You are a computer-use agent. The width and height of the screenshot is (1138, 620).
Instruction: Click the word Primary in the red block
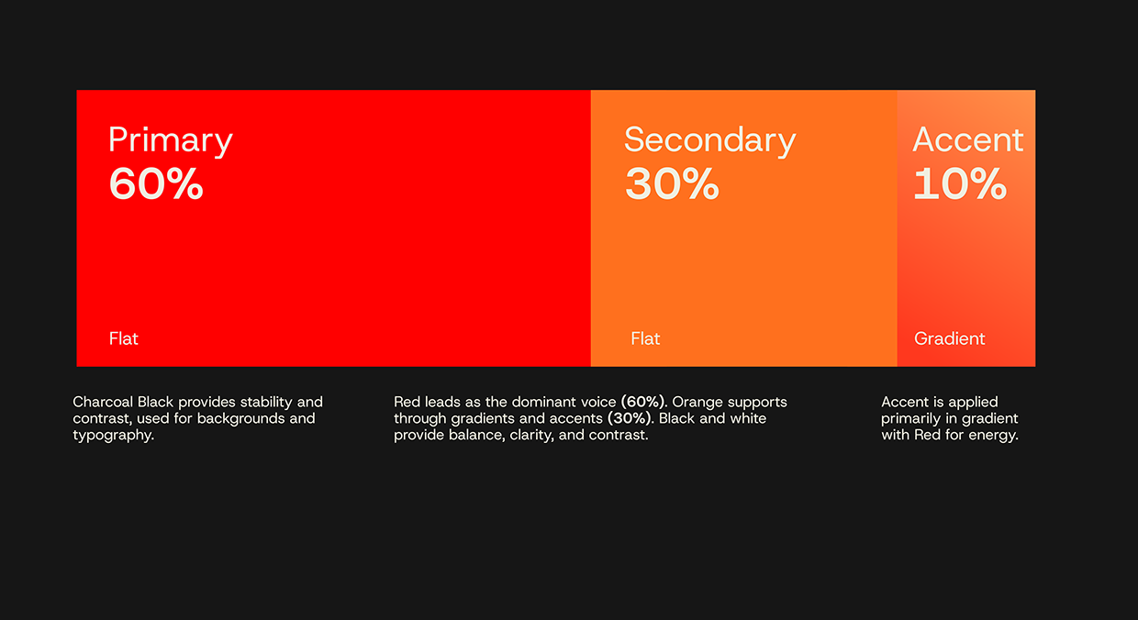click(x=171, y=141)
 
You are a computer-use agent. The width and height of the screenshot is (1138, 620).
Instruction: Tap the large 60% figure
click(x=156, y=183)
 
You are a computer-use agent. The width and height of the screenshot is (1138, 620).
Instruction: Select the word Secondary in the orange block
click(x=709, y=141)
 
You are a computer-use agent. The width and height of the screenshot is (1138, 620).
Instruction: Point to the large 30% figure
click(x=672, y=183)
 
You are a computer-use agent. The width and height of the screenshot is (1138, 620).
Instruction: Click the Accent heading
click(x=968, y=139)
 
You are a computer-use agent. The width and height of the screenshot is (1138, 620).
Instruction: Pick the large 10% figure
click(x=960, y=183)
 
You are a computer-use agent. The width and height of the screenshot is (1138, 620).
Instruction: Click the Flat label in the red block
click(x=124, y=338)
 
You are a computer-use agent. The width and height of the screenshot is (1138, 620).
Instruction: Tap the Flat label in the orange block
click(x=645, y=338)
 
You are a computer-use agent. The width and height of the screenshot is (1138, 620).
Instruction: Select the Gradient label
click(x=950, y=338)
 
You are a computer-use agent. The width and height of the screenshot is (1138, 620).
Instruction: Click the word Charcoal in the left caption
click(x=103, y=402)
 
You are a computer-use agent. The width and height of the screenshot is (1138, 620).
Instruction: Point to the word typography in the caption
click(x=113, y=436)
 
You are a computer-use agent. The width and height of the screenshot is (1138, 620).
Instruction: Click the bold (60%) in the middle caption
click(x=643, y=402)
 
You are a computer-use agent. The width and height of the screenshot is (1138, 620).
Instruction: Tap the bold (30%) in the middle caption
click(x=630, y=418)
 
